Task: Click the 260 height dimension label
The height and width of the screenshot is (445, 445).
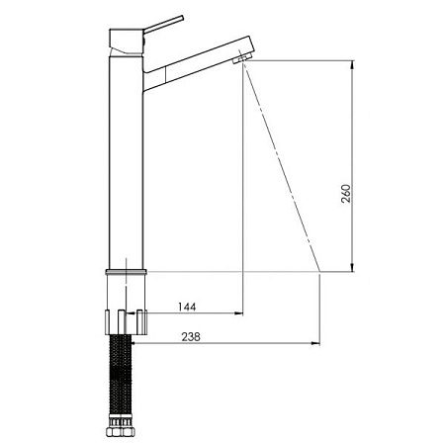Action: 346,194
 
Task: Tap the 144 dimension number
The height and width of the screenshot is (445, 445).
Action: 187,307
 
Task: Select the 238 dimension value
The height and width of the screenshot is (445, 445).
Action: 191,337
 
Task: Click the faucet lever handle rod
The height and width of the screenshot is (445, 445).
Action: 164,24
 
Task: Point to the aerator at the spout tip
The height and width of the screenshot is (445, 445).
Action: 242,59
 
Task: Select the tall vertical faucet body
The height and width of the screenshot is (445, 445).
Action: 126,162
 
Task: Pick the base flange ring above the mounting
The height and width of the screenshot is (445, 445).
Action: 126,272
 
